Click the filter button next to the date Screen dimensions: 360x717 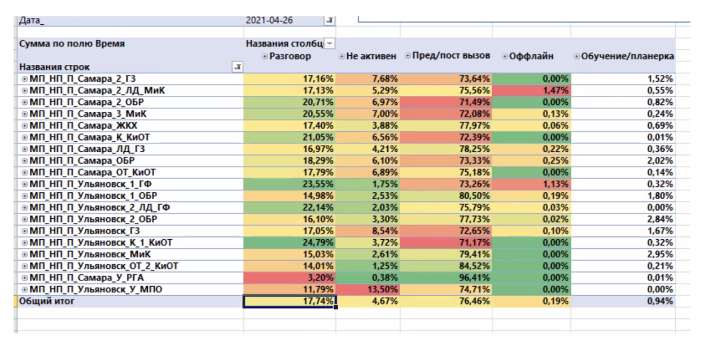329,20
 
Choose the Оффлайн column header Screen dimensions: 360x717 531,56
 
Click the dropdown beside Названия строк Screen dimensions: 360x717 238,67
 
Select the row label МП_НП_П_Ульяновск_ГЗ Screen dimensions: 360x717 85,231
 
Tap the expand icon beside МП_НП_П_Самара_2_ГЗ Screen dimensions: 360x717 24,79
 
